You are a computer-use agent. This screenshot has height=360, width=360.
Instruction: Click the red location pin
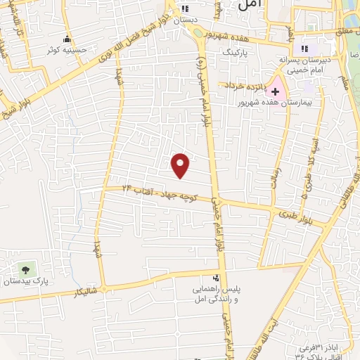pyautogui.click(x=181, y=165)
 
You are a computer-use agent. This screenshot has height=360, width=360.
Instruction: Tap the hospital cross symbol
pyautogui.click(x=275, y=92)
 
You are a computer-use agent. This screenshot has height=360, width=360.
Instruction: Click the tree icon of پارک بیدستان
pyautogui.click(x=26, y=269)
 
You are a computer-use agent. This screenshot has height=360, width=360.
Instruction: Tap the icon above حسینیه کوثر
pyautogui.click(x=67, y=38)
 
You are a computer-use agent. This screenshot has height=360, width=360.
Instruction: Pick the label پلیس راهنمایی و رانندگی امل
pyautogui.click(x=217, y=294)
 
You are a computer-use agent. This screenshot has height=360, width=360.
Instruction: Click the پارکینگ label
pyautogui.click(x=235, y=53)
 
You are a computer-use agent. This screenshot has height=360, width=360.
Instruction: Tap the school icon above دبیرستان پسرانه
pyautogui.click(x=305, y=49)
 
